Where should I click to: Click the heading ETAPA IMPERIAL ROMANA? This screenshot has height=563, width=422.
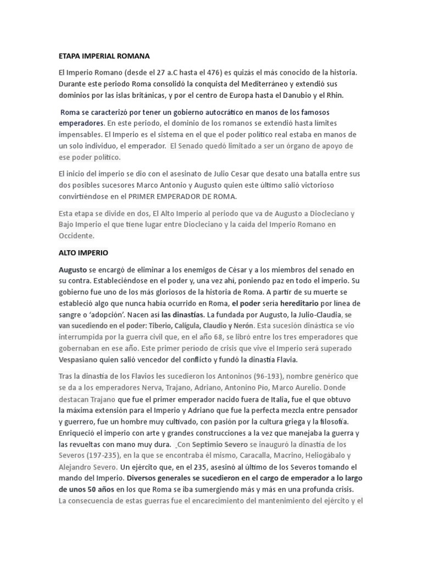point(104,56)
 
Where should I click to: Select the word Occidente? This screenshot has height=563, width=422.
point(76,235)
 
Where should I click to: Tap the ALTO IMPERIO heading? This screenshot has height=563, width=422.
point(84,253)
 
